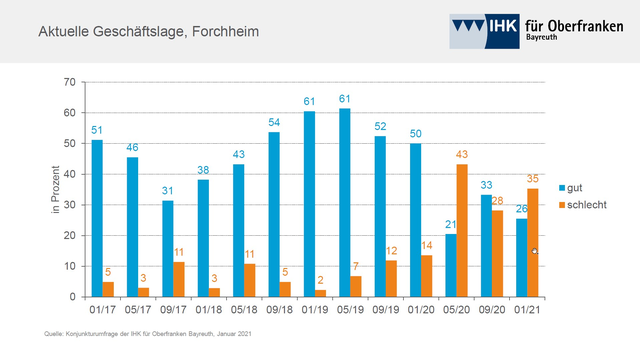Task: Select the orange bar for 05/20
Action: pyautogui.click(x=461, y=230)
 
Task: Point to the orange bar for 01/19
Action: pyautogui.click(x=320, y=293)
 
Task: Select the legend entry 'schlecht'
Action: pyautogui.click(x=589, y=204)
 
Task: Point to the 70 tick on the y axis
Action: pyautogui.click(x=69, y=82)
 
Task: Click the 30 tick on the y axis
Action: pyautogui.click(x=69, y=205)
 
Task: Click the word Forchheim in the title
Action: pyautogui.click(x=222, y=33)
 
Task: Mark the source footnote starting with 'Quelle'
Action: pyautogui.click(x=139, y=332)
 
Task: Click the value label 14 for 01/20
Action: pyautogui.click(x=427, y=245)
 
